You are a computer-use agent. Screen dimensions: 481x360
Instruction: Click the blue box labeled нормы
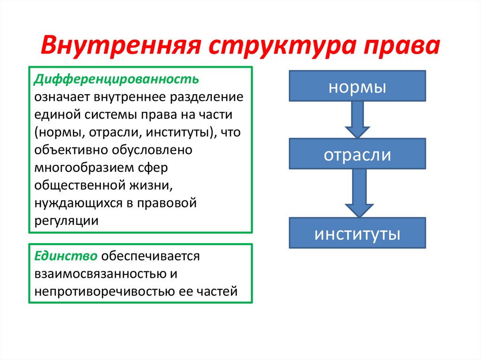click(357, 86)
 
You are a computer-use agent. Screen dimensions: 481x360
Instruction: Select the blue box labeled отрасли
click(357, 154)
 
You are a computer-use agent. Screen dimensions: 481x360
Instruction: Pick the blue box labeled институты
click(357, 233)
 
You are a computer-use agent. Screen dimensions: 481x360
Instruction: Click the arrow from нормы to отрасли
click(357, 119)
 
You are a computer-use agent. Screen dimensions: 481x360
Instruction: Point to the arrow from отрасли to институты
click(357, 193)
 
